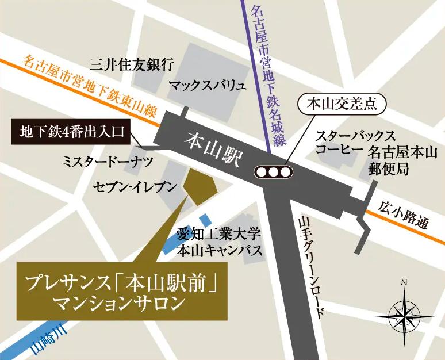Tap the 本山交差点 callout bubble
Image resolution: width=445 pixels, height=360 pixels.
click(x=342, y=105)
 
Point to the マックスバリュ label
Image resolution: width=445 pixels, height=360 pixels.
click(x=207, y=86)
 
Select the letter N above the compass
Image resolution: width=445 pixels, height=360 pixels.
click(x=404, y=282)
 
